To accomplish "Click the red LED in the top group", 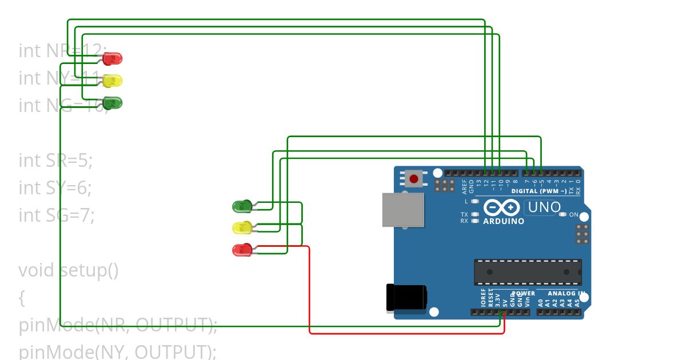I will [113, 58].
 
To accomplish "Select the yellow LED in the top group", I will [113, 81].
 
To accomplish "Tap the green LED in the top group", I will [113, 103].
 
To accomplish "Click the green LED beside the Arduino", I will [241, 206].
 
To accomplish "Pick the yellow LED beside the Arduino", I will [241, 228].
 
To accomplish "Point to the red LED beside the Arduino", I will [241, 250].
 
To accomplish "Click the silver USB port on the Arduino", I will [404, 210].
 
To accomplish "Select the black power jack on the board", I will [406, 297].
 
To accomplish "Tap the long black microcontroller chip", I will [527, 272].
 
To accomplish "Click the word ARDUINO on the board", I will [504, 221].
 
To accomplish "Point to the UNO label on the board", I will [544, 207].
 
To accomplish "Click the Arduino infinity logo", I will [501, 207].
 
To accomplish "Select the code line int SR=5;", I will [55, 161].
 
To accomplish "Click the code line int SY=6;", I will [55, 187].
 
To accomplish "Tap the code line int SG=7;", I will [56, 215].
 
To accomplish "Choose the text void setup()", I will [69, 270].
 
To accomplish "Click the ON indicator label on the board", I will [574, 215].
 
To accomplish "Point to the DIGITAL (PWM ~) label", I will [539, 191].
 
